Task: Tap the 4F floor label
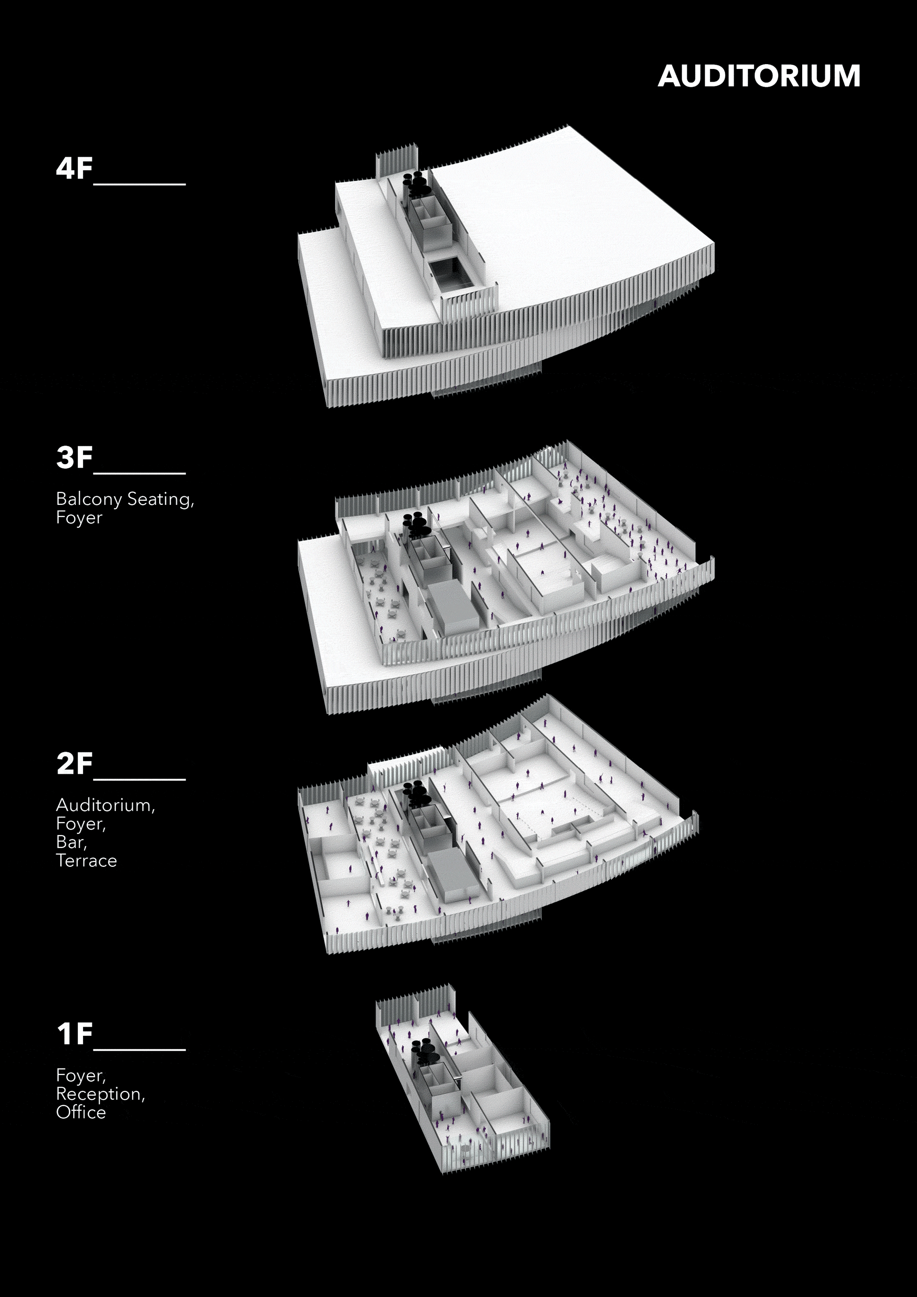[x=74, y=168]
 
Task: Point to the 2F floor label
[x=74, y=764]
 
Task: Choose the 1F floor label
[x=74, y=1034]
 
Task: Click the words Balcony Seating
[x=124, y=500]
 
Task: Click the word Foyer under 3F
[x=79, y=517]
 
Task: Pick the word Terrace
[x=86, y=861]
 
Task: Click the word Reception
[x=100, y=1094]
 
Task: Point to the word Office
[x=81, y=1112]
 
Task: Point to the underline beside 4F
[x=140, y=183]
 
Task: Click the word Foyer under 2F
[x=80, y=824]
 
